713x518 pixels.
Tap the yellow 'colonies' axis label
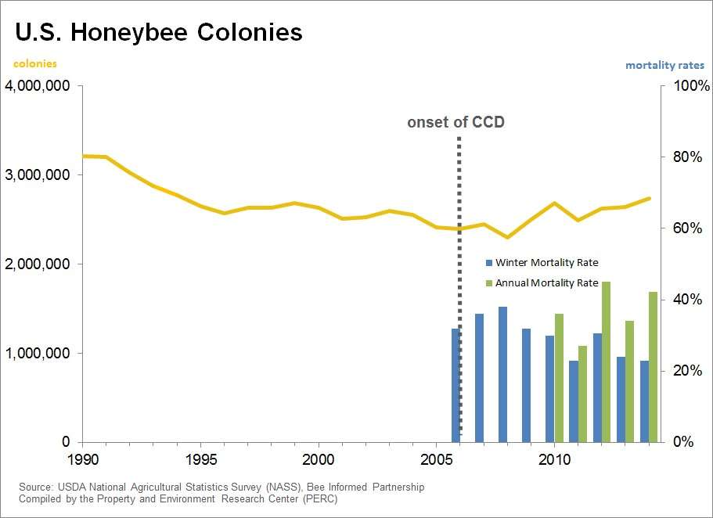pyautogui.click(x=35, y=64)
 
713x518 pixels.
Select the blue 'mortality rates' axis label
pyautogui.click(x=664, y=66)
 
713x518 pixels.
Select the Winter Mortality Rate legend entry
pyautogui.click(x=546, y=263)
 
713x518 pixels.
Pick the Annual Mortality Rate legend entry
pyautogui.click(x=546, y=282)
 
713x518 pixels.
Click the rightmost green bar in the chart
pyautogui.click(x=653, y=367)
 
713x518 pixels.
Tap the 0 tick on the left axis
pyautogui.click(x=67, y=442)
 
